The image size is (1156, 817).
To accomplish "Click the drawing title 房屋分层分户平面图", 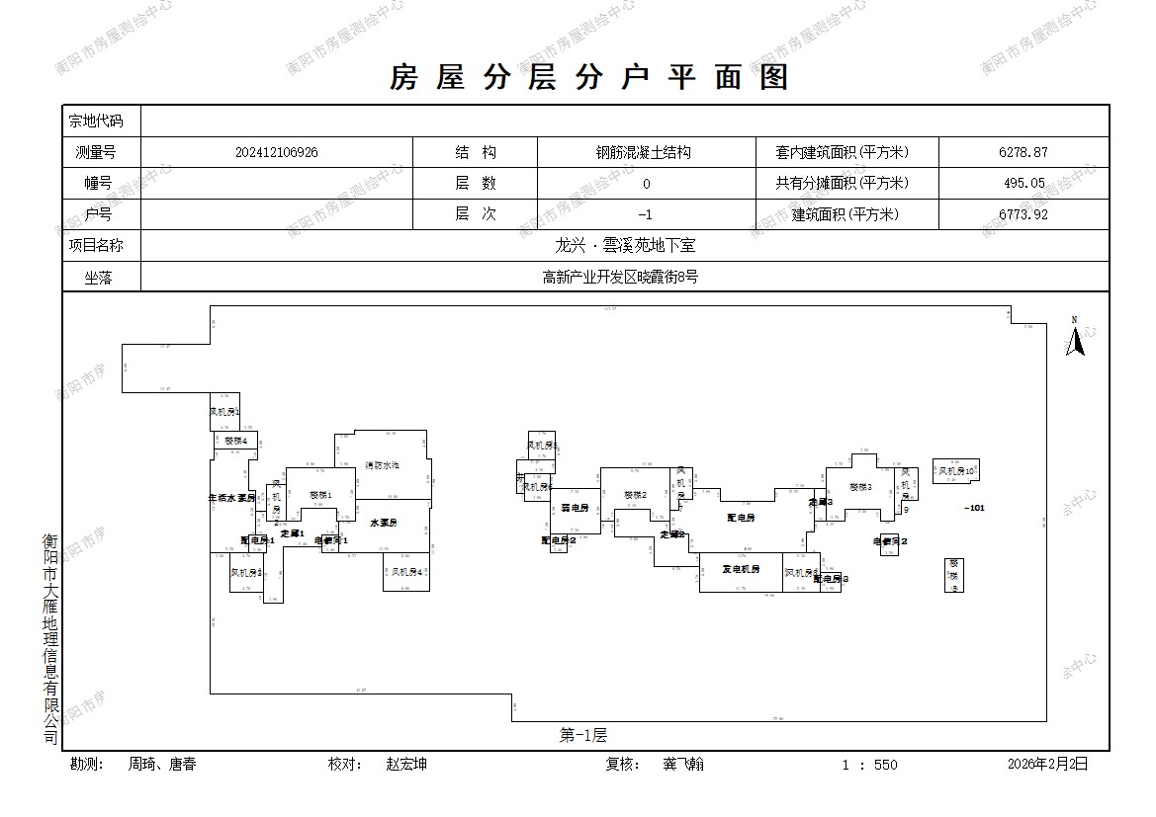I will point(589,77).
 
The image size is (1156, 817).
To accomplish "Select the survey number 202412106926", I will point(277,152).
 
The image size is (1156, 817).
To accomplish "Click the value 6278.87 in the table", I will point(1023,152).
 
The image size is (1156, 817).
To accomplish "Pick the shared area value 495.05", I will point(1023,183).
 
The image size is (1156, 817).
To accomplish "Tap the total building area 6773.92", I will point(1023,214).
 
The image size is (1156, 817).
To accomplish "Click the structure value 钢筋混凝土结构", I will point(643,152).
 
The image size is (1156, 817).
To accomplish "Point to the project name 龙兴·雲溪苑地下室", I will point(626,245).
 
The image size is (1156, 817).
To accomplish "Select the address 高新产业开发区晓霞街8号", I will point(620,277).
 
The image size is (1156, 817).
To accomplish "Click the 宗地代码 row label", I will point(96,121).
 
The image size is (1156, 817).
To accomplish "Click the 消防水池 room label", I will point(382,464).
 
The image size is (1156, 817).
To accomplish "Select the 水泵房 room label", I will point(384,522).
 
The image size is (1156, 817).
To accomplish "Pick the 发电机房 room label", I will point(741,569).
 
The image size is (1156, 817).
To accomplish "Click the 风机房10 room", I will point(956,471).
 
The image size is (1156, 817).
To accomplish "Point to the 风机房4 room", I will point(406,572).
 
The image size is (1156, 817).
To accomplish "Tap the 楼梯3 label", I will point(860,487).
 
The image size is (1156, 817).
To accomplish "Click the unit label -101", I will point(974,508).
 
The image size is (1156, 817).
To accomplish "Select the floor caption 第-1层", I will point(582,734).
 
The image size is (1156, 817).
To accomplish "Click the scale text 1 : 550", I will point(870,764).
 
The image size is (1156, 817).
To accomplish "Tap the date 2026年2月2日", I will point(1047,764).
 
